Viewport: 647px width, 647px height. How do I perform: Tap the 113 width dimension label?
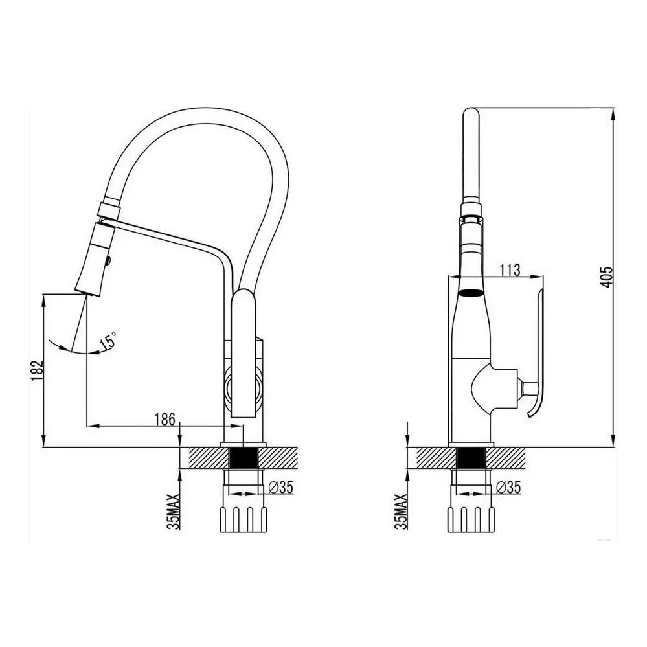pyautogui.click(x=510, y=270)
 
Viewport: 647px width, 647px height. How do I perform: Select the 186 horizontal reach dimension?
pyautogui.click(x=165, y=419)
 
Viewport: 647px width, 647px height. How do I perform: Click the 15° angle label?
pyautogui.click(x=108, y=340)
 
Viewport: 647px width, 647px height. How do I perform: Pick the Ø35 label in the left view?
pyautogui.click(x=280, y=487)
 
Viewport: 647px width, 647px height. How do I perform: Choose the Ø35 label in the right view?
pyautogui.click(x=508, y=487)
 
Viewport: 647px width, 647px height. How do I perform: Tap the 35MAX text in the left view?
pyautogui.click(x=174, y=512)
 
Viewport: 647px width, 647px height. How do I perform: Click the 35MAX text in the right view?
pyautogui.click(x=401, y=512)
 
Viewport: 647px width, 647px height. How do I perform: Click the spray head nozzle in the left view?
pyautogui.click(x=94, y=259)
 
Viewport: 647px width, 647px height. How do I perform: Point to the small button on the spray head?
pyautogui.click(x=109, y=260)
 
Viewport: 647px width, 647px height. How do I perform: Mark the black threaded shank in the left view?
pyautogui.click(x=244, y=457)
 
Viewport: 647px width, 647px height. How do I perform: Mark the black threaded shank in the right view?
pyautogui.click(x=471, y=457)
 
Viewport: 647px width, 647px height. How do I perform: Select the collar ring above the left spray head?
pyautogui.click(x=109, y=210)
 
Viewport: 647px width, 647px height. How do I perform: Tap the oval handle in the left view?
pyautogui.click(x=244, y=354)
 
